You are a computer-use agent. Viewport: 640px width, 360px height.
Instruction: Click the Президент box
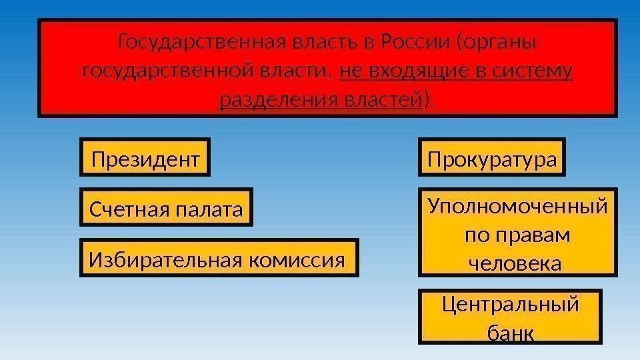coord(145,159)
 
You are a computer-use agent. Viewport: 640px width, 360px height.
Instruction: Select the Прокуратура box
coord(491,159)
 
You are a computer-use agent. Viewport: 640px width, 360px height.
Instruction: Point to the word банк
coord(511,332)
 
